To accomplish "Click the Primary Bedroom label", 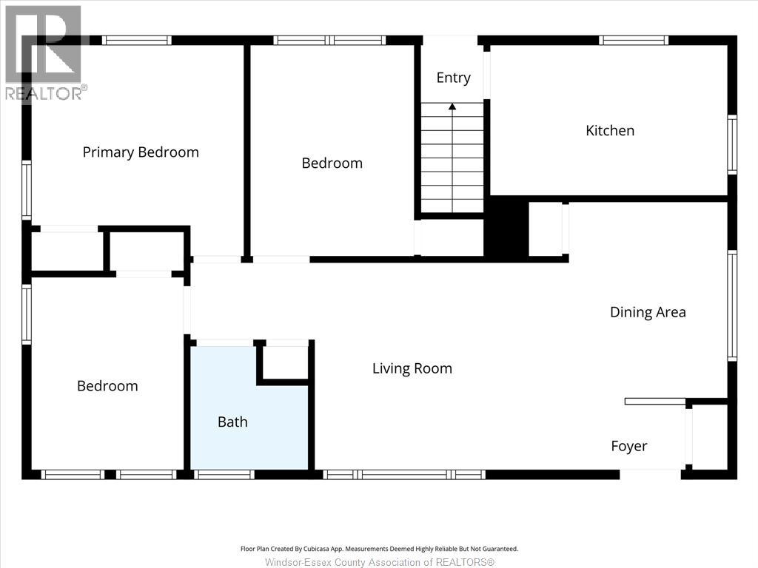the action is point(141,152).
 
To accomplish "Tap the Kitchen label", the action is point(610,130).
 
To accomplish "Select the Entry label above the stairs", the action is point(454,78).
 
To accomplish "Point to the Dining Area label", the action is point(648,312).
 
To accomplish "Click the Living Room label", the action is point(412,368).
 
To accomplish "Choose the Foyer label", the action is point(629,446).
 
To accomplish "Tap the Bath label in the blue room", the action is point(232,422).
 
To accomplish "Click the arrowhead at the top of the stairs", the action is point(452,106).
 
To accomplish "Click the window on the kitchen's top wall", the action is point(634,40).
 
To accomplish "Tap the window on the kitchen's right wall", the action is point(732,144).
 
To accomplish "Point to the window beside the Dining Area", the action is point(732,305).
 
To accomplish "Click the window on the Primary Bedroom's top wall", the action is point(137,40).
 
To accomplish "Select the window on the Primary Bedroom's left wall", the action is point(27,190).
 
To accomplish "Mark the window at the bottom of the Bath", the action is point(224,474).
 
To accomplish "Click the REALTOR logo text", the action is point(47,93).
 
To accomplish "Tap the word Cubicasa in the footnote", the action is point(317,549).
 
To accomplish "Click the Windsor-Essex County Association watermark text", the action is point(380,562).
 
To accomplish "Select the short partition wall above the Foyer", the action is point(655,402).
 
